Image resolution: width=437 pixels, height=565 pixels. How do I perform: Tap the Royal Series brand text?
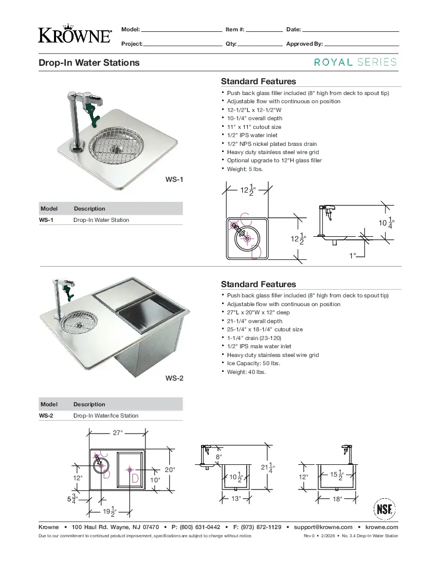[355, 62]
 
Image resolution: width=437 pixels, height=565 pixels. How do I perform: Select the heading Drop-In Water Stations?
[89, 63]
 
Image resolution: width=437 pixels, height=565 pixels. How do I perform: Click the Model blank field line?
[181, 31]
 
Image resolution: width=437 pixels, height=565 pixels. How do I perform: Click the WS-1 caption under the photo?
[174, 179]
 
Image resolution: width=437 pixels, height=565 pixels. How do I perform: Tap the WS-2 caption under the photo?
[174, 379]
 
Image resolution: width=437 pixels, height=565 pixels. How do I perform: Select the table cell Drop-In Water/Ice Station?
[106, 416]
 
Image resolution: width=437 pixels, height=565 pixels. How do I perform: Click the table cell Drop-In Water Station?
[101, 220]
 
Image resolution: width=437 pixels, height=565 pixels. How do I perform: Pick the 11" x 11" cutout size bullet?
[254, 127]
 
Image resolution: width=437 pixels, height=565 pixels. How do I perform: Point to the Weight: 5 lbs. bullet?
[245, 169]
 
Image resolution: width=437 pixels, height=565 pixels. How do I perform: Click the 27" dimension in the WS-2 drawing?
[118, 433]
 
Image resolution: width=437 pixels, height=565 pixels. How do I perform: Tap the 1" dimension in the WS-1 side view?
[352, 255]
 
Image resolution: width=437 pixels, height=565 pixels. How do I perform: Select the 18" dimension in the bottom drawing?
[337, 499]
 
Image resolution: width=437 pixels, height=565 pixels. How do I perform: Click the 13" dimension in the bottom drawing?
[235, 499]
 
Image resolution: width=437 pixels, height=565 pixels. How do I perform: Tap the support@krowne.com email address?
[323, 527]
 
